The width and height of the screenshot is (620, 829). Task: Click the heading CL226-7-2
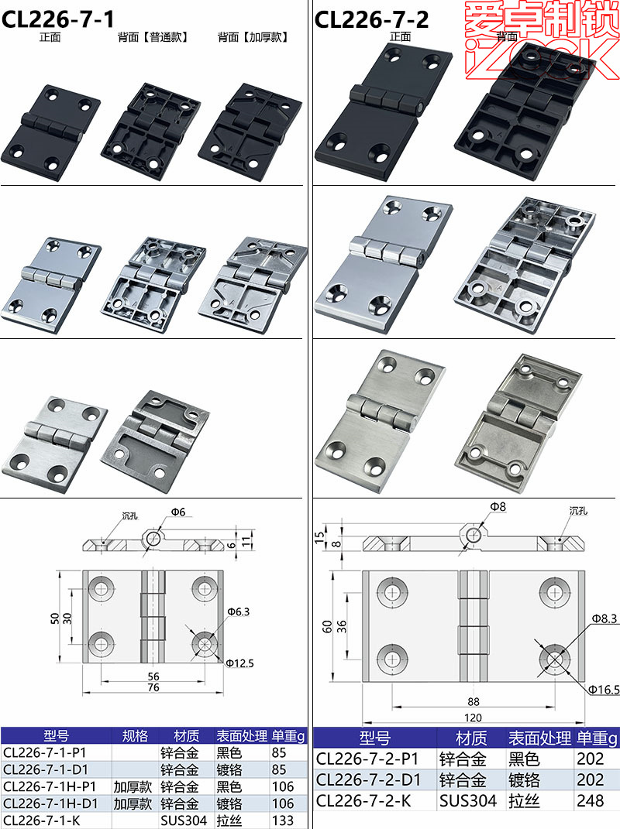coord(371,19)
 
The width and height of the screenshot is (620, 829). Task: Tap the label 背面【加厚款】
coord(253,36)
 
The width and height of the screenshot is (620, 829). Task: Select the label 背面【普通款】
coord(153,36)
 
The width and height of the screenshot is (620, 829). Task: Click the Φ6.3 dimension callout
coord(238,611)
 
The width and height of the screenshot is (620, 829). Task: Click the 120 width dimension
coord(473,718)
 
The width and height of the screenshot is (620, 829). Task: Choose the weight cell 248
coord(591,801)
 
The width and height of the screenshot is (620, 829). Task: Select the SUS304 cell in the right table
coord(468,801)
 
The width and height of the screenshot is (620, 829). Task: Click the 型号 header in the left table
coord(57,735)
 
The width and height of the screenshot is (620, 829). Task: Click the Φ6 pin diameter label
coord(178,512)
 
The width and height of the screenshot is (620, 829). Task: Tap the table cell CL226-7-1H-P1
coord(50,786)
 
